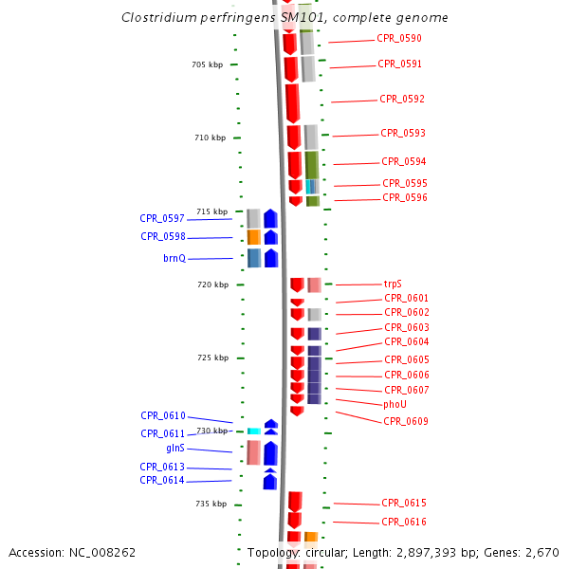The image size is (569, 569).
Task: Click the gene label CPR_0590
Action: coord(399,39)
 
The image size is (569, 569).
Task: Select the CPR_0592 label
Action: coord(402,100)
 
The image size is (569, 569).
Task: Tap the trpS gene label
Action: coord(393,284)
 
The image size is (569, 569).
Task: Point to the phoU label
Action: coord(395,405)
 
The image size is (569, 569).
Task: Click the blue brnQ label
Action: coord(174,258)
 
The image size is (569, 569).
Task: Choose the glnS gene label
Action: coord(175,448)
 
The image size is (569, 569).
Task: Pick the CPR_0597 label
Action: coord(162,218)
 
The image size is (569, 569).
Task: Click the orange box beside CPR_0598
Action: coord(253,237)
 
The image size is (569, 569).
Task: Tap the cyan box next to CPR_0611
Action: coord(254,431)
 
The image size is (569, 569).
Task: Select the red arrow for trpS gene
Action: coord(297,284)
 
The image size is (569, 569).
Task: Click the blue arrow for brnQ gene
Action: coord(271,258)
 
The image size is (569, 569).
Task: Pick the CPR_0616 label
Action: coord(404,523)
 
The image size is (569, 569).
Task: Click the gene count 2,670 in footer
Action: coord(542,552)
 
